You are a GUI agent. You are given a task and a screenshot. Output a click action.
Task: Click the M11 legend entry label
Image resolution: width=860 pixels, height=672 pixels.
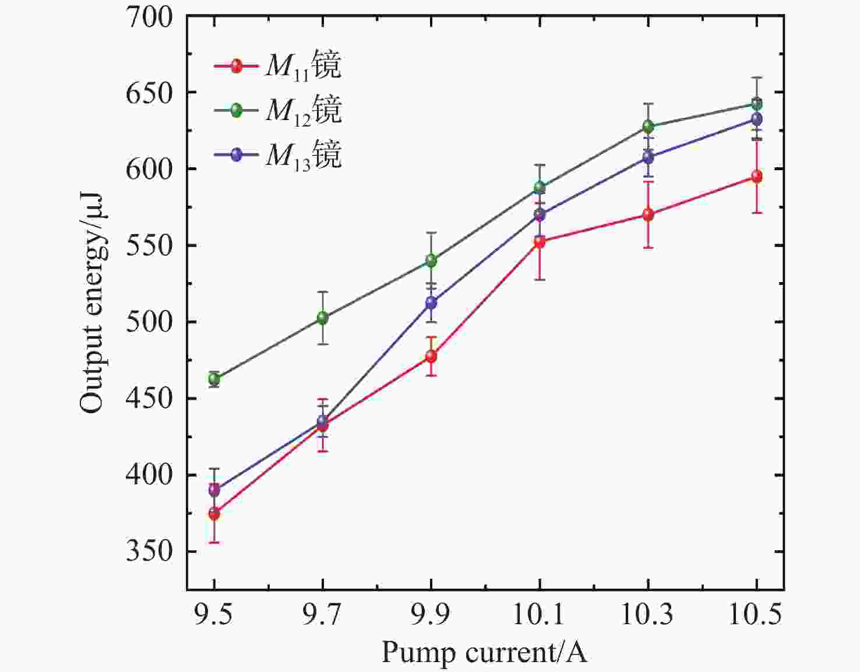[304, 65]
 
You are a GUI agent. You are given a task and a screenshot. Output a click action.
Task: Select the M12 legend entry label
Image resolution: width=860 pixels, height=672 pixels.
[304, 110]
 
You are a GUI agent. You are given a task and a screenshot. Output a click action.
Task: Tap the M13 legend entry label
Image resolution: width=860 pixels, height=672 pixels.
[304, 154]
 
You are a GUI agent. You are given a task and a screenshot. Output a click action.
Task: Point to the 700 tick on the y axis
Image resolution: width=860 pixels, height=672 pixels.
[150, 17]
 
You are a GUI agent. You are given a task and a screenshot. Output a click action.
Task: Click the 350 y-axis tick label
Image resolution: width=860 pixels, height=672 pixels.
[150, 551]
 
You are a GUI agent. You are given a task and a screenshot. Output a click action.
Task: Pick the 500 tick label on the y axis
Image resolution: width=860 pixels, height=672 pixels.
[150, 321]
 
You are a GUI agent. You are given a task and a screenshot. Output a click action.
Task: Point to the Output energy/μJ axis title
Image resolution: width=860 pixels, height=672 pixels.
[92, 303]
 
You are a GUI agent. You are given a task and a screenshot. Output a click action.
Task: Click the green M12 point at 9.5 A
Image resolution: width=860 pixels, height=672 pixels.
[214, 379]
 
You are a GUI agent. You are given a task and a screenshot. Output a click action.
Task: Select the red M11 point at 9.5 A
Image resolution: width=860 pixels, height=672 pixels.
[214, 513]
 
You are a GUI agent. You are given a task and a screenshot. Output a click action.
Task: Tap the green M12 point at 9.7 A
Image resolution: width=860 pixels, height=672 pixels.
[323, 318]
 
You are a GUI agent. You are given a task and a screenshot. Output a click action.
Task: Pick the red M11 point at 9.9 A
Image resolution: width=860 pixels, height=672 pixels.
[431, 356]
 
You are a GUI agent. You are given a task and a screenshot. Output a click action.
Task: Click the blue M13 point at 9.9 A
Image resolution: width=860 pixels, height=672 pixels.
[431, 302]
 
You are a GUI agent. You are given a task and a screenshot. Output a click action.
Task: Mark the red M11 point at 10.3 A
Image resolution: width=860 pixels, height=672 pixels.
[648, 214]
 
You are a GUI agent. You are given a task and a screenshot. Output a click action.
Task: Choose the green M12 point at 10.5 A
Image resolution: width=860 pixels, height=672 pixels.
[756, 104]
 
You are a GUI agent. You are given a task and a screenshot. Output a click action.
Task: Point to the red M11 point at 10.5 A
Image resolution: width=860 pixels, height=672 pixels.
[756, 177]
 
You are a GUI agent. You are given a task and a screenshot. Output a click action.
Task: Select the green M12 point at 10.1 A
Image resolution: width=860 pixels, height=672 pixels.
[540, 188]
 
